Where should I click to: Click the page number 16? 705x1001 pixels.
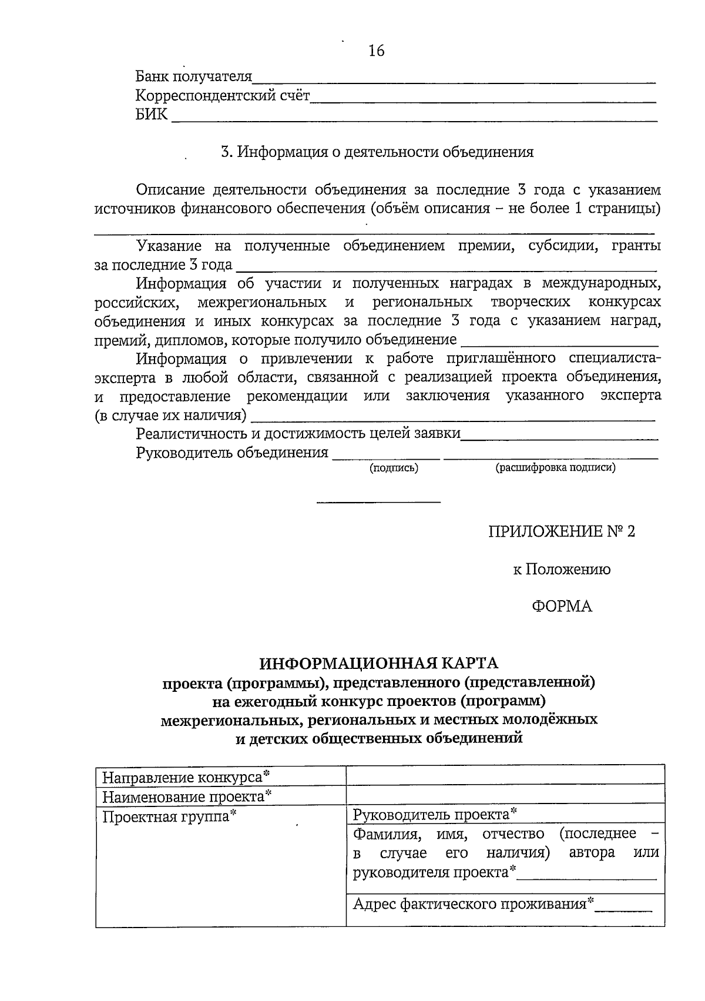376,51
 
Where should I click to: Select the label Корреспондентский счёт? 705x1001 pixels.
222,96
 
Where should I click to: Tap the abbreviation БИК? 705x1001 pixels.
151,115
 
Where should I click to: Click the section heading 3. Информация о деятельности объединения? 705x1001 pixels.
377,152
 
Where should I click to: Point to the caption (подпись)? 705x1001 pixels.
393,468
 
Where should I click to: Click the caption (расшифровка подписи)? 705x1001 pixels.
555,468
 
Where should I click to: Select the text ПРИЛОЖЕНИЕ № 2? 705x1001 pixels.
562,532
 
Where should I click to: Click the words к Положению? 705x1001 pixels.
562,569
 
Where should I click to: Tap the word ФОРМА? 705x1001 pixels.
562,607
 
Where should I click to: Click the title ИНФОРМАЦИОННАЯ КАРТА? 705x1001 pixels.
379,663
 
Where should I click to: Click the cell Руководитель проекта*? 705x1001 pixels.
435,815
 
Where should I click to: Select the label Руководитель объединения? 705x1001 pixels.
232,453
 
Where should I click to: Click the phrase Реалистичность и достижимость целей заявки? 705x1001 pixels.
298,434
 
